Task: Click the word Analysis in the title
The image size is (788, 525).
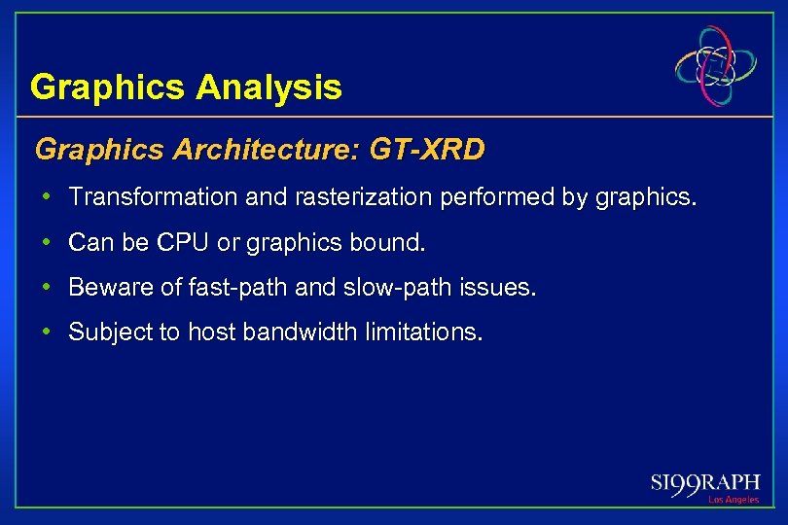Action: click(269, 88)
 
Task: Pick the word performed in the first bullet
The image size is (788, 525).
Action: click(499, 197)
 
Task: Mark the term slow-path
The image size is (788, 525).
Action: click(395, 288)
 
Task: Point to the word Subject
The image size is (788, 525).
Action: click(103, 332)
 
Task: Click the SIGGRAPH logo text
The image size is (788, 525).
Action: click(705, 483)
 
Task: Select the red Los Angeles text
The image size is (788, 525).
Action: click(734, 500)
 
